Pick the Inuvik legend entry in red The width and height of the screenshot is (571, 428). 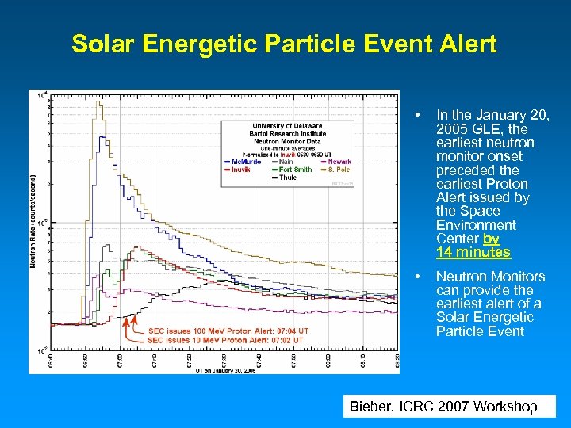click(241, 170)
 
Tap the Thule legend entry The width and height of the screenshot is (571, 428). click(287, 178)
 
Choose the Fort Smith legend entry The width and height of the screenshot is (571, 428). click(295, 170)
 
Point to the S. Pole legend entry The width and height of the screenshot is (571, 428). click(336, 170)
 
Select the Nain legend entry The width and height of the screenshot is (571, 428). click(285, 161)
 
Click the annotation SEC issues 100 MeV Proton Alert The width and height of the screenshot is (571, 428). click(228, 331)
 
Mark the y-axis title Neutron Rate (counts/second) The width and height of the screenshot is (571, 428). click(33, 221)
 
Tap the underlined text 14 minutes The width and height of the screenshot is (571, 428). click(473, 253)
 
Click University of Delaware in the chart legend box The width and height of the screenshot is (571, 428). click(287, 125)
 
